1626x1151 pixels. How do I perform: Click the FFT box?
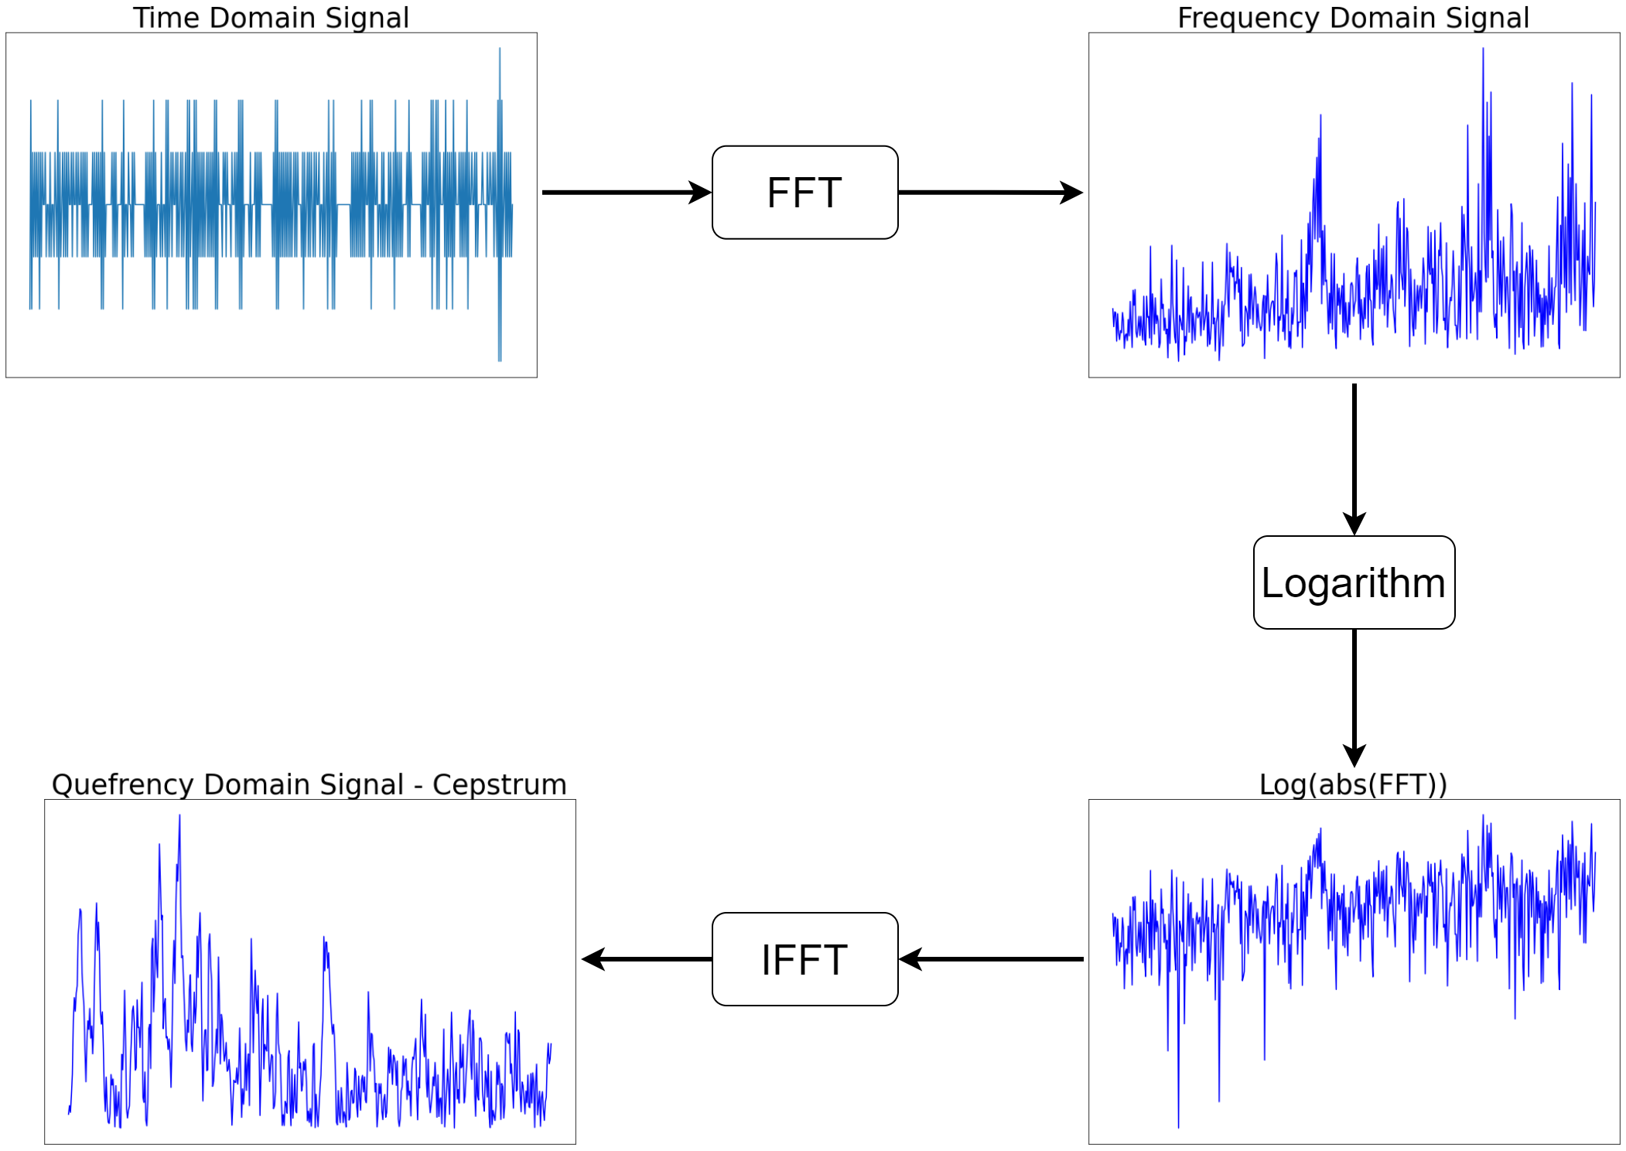[x=804, y=193]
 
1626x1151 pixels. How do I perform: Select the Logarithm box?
[x=1354, y=582]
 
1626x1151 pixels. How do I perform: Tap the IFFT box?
[x=804, y=959]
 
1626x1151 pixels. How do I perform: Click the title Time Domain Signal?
[x=271, y=18]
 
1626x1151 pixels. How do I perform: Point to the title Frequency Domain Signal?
[x=1353, y=18]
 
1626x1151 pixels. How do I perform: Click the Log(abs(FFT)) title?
[x=1353, y=784]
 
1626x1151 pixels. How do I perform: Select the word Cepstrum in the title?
[x=500, y=785]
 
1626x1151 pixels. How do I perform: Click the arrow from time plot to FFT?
[x=627, y=193]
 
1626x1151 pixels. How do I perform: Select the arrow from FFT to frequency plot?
[x=990, y=193]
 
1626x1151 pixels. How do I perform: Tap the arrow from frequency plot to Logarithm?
[x=1354, y=459]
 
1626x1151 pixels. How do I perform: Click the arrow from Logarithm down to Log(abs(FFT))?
[x=1354, y=698]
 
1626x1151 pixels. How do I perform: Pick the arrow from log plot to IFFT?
[x=991, y=959]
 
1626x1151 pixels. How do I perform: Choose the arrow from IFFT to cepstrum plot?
[x=647, y=959]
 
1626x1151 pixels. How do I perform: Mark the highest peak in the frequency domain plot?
[x=1483, y=50]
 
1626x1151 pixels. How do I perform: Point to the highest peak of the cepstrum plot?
[x=179, y=816]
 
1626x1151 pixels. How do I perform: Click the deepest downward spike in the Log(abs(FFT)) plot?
[x=1178, y=1125]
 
